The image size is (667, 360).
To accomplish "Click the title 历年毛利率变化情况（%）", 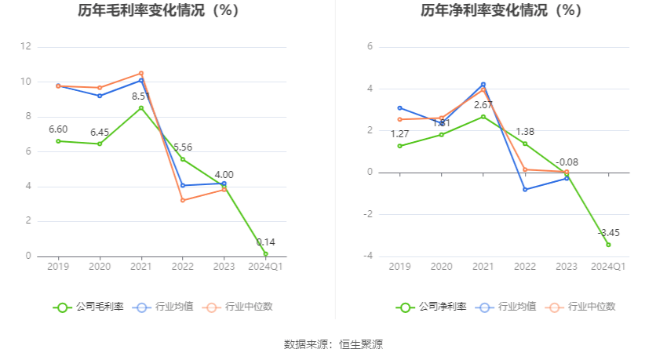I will click(159, 11).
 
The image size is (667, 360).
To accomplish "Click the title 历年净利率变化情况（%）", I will click(501, 11).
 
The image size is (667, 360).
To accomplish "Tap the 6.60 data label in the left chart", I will click(58, 129).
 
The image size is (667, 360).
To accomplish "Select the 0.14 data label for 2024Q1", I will click(266, 242).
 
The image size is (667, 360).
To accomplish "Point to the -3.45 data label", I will click(608, 233).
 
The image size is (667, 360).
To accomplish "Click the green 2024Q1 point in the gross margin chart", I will click(266, 253).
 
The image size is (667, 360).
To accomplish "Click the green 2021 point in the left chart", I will click(141, 107).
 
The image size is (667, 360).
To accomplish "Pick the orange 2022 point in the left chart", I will click(183, 200).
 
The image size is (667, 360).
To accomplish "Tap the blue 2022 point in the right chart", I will click(525, 189).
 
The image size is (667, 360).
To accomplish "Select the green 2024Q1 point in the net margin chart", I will click(608, 245).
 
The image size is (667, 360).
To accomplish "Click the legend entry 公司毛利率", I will click(89, 307).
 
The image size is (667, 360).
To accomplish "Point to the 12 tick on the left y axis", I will click(26, 47).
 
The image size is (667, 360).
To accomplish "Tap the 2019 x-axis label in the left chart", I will click(58, 267).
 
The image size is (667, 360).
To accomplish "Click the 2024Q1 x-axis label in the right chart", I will click(608, 267).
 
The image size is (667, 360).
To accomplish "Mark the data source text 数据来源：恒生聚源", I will click(333, 344).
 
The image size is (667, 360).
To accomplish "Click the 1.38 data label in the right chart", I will click(525, 132).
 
